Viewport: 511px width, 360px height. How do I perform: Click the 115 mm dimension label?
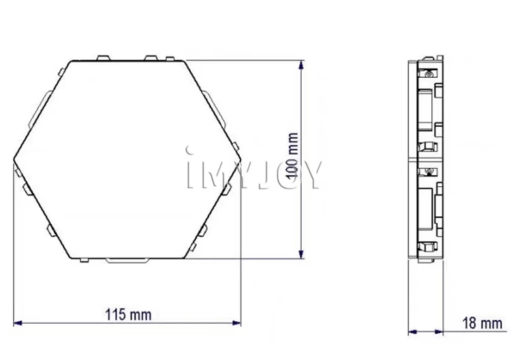pos(128,315)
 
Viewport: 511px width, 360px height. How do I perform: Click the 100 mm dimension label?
pos(292,155)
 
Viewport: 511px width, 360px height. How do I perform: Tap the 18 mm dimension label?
pos(482,322)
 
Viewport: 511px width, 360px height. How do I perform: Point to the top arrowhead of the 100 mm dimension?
pos(301,65)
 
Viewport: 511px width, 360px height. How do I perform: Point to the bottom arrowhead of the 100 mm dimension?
pos(301,254)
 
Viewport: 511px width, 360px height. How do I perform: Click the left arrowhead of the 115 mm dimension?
pos(18,322)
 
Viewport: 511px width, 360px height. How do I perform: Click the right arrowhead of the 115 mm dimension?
pos(236,322)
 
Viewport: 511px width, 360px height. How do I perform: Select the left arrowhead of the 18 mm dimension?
pos(413,332)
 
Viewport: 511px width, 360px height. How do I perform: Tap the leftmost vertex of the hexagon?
pos(14,160)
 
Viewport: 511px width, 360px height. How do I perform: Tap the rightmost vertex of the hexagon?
pos(241,160)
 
